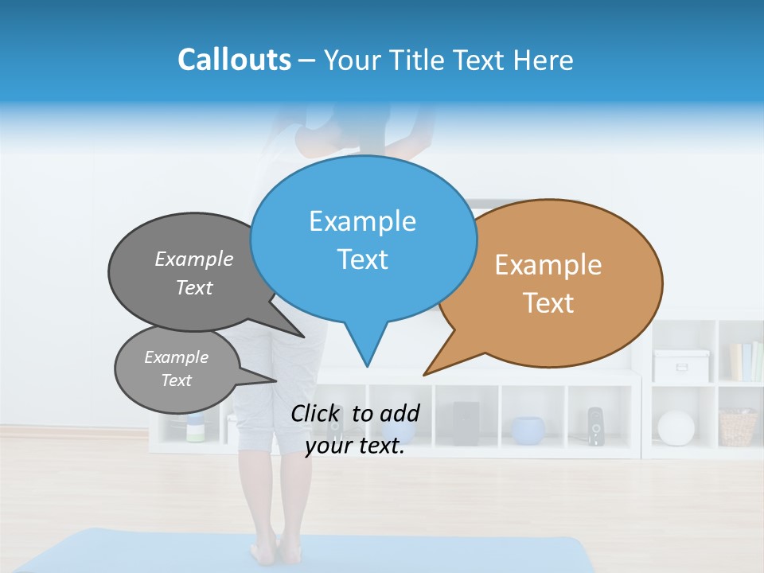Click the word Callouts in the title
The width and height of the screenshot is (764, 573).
234,60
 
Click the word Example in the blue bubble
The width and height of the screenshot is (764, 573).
362,221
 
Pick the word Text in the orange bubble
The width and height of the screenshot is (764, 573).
548,303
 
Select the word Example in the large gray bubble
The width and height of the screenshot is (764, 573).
193,259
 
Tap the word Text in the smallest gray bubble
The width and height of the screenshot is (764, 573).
176,380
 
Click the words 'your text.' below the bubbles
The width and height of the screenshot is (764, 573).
354,446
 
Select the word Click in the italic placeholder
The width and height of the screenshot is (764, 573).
318,413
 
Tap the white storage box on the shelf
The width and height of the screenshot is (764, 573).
681,365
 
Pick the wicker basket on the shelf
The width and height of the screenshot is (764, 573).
738,427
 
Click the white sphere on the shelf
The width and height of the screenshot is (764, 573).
676,427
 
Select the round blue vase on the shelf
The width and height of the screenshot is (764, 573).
528,431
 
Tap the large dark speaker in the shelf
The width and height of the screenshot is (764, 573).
466,423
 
